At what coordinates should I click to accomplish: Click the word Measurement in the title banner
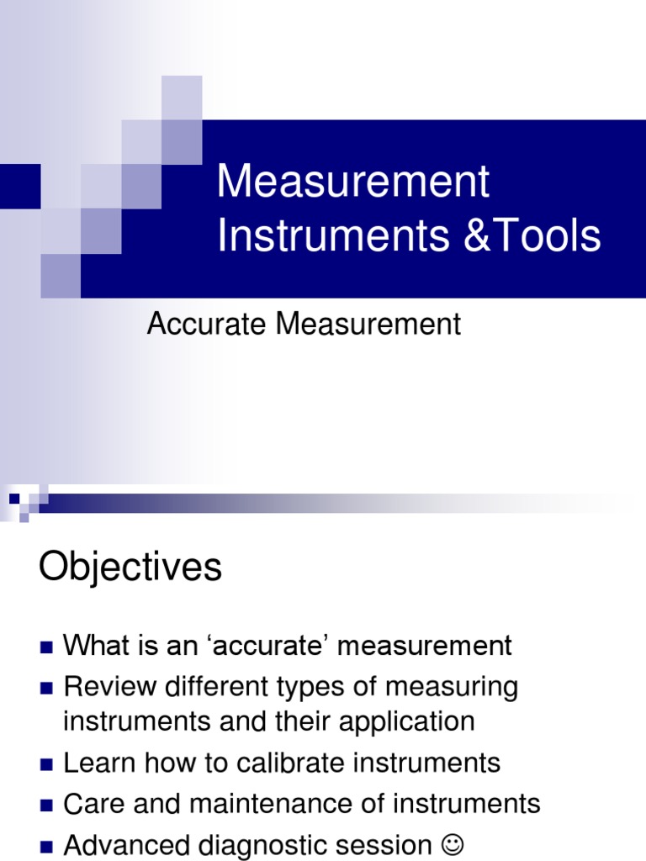[x=352, y=182]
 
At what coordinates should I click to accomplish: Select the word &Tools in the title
[x=531, y=236]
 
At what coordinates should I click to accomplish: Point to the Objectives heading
[x=130, y=568]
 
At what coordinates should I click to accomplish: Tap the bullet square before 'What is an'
[x=45, y=647]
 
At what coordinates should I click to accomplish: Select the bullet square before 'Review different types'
[x=45, y=688]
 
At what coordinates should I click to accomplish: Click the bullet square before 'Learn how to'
[x=45, y=763]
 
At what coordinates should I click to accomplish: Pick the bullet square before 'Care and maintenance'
[x=45, y=804]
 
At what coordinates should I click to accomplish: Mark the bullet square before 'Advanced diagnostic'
[x=45, y=844]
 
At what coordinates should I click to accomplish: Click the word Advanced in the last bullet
[x=124, y=843]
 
